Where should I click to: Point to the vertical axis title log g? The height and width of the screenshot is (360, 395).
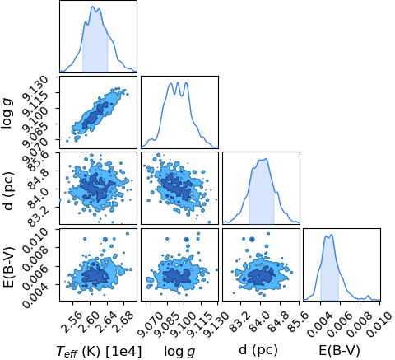(7, 112)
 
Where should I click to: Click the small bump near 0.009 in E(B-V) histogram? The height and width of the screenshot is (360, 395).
(368, 297)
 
